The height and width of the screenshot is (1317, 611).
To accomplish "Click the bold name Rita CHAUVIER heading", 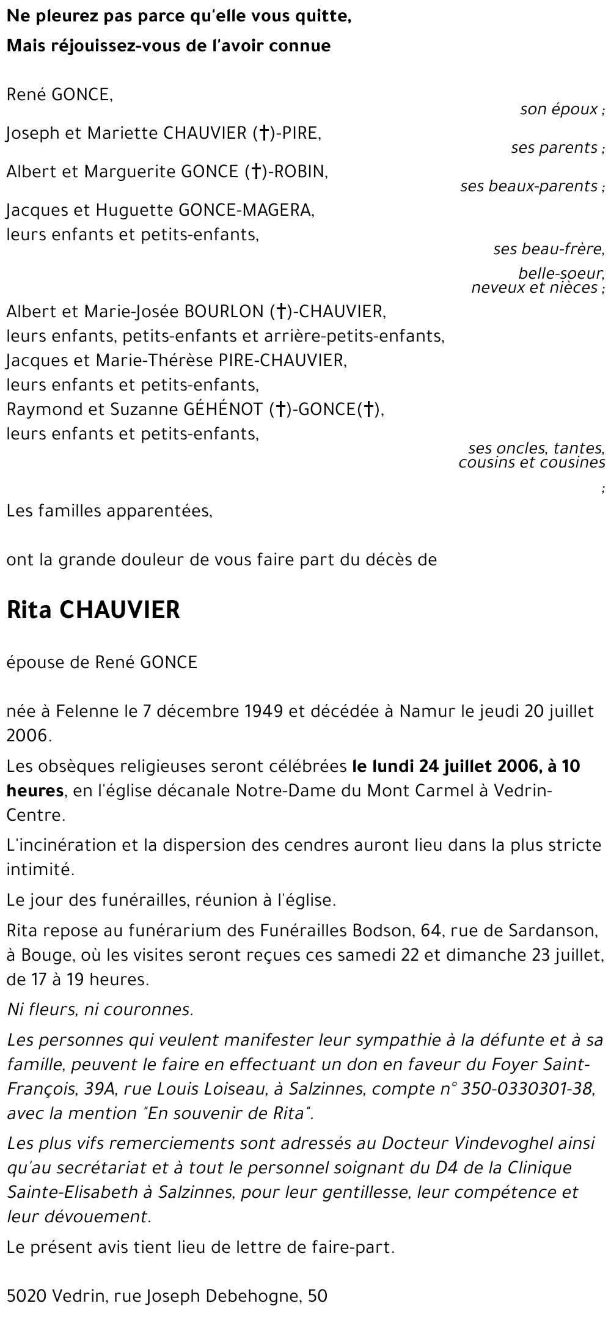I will [93, 610].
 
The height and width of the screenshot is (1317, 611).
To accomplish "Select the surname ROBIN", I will [302, 172].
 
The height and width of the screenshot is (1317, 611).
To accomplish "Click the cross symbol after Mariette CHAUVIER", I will [263, 134].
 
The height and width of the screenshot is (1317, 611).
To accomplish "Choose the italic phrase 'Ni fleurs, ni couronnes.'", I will [100, 1010].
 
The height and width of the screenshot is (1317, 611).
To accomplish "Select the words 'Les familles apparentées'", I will [109, 511].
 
